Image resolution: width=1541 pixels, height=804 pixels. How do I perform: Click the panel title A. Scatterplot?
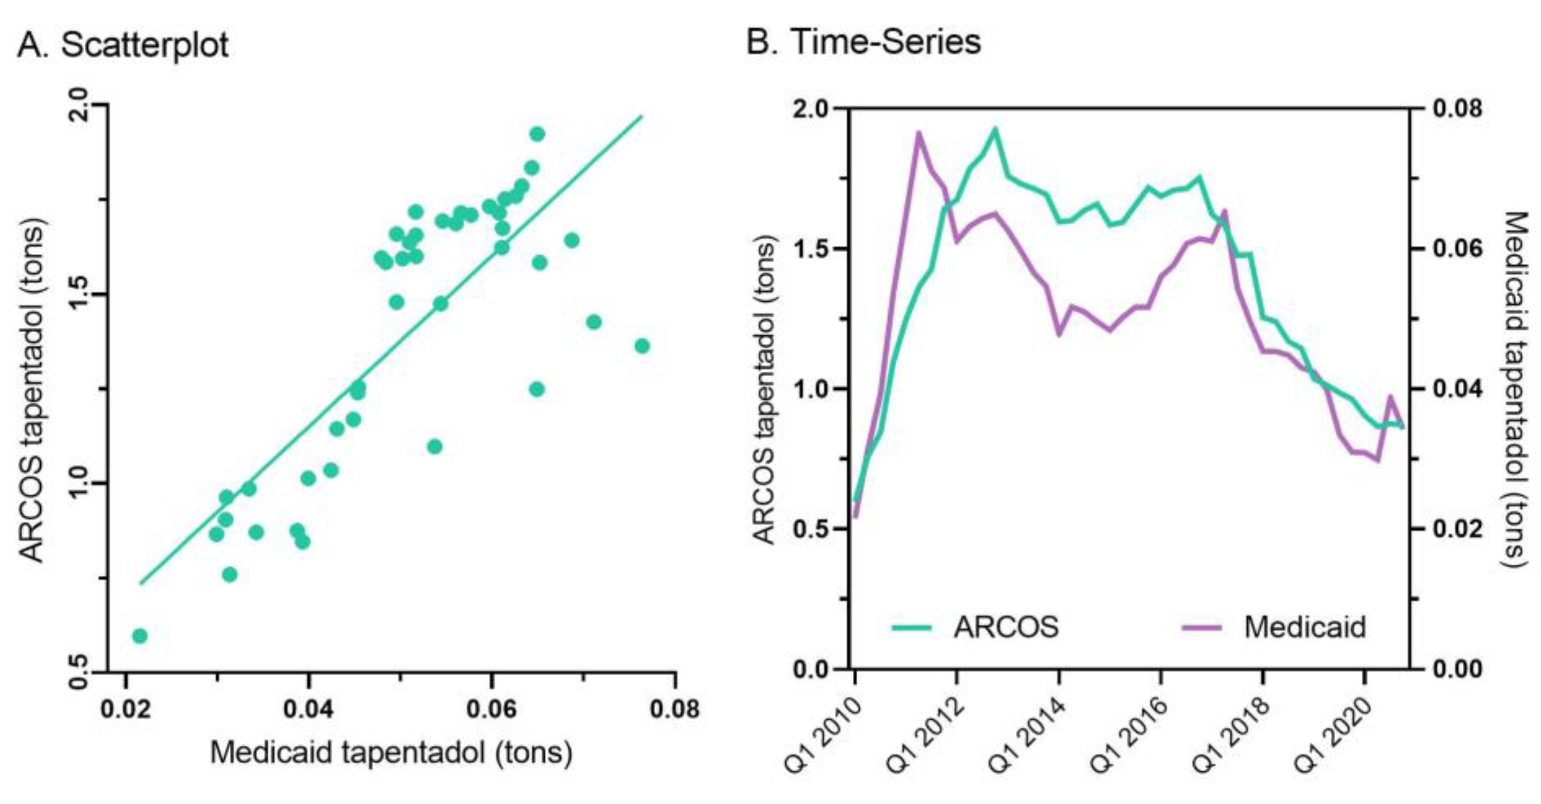tap(123, 45)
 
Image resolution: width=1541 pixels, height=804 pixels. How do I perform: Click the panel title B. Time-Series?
tap(863, 42)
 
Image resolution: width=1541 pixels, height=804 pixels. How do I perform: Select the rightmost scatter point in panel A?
tap(642, 346)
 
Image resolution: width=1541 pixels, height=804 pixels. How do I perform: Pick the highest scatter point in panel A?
tap(537, 134)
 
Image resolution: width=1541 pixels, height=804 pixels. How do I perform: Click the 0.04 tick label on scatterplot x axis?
tap(308, 709)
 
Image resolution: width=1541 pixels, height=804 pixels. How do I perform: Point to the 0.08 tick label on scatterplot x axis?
tap(675, 709)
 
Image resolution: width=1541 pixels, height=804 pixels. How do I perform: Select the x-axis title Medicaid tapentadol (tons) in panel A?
tap(391, 752)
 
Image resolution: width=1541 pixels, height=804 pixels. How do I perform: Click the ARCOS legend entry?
tap(1005, 627)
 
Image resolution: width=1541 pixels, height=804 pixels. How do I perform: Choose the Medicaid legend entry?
tap(1304, 627)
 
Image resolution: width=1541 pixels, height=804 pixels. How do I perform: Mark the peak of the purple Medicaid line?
tap(919, 132)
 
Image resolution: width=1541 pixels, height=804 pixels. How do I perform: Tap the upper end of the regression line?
tap(641, 117)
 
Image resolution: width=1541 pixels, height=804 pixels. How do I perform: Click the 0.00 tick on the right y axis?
tap(1457, 669)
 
